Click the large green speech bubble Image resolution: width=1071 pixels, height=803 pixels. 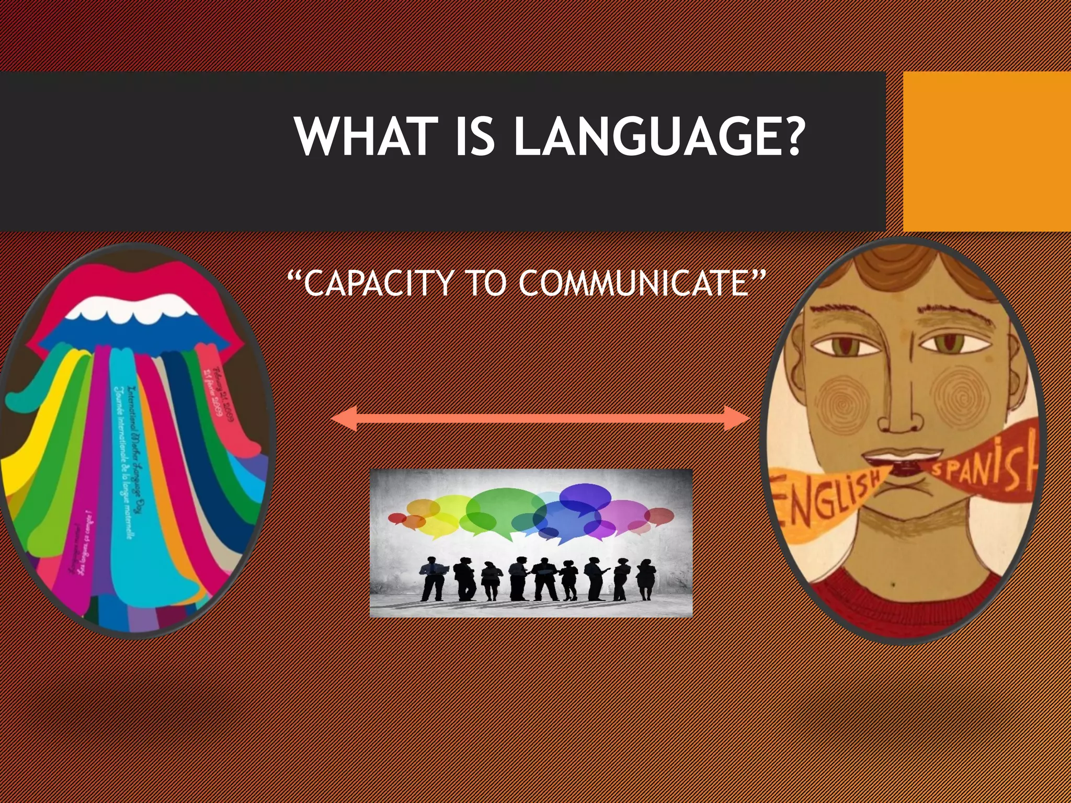pos(499,510)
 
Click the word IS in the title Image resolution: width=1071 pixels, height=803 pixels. pos(475,136)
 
